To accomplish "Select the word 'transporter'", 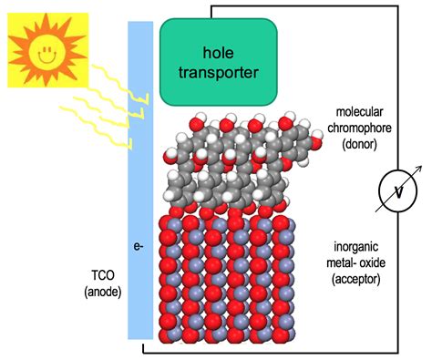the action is (x=219, y=71).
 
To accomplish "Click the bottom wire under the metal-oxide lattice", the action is (x=273, y=352).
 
